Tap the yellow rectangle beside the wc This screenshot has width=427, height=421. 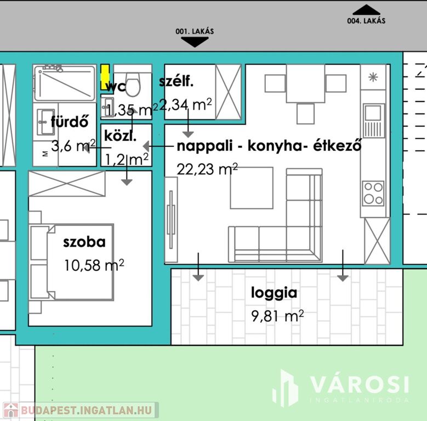coord(105,77)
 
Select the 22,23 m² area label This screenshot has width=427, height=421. coord(207,169)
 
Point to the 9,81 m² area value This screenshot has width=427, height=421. coord(277,316)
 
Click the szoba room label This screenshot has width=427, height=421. coord(84,242)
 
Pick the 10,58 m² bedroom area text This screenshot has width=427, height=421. coord(94,265)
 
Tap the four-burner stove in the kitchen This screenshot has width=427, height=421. coord(373,193)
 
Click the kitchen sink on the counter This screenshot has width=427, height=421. coord(374,121)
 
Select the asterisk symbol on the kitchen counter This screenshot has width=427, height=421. coord(373,77)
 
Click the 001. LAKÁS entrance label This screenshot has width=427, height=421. coord(195,32)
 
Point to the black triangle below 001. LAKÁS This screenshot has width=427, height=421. coord(195,42)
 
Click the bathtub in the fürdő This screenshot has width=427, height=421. coord(65,83)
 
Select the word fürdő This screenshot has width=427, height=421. coord(70,122)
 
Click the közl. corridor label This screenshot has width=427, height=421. coord(120,135)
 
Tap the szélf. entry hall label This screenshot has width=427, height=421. coord(176,81)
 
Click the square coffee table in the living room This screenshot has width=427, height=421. coord(252,188)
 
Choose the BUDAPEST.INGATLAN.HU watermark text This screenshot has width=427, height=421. coord(86,410)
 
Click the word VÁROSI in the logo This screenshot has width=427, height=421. coord(360,384)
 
